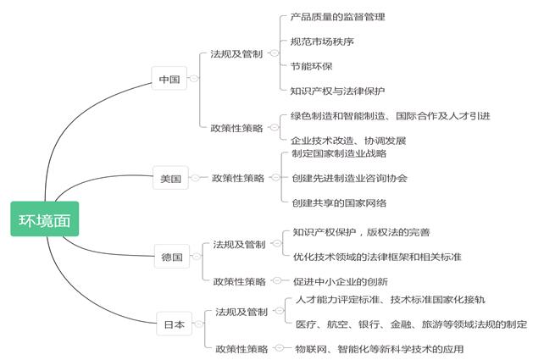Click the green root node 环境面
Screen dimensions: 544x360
point(45,219)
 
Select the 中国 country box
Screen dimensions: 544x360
point(169,79)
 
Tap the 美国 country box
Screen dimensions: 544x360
point(170,178)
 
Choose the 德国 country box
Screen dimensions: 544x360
point(172,257)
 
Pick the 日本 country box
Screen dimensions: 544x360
point(175,324)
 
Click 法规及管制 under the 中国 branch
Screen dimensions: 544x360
point(236,53)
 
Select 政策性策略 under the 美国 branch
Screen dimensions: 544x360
point(238,178)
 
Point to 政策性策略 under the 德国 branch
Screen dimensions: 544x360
point(240,281)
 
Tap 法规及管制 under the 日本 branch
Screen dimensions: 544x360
point(241,312)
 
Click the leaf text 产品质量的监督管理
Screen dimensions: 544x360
point(337,17)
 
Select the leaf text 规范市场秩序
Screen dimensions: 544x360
point(322,42)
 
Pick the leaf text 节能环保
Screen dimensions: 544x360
point(312,66)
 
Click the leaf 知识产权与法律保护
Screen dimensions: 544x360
point(337,91)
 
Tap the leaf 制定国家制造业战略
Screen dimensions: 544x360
point(339,153)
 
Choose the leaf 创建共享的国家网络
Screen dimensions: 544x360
point(339,202)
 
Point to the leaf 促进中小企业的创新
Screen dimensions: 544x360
point(341,281)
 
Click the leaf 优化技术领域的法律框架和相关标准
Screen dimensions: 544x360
point(377,257)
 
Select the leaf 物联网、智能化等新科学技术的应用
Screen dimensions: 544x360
point(380,348)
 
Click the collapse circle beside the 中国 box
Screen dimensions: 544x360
point(193,79)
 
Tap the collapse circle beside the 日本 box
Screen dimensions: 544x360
point(198,324)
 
